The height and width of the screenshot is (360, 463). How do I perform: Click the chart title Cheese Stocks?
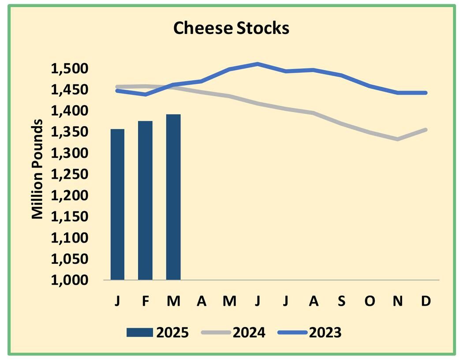point(231,28)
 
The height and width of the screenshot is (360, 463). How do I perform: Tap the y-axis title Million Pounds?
point(38,169)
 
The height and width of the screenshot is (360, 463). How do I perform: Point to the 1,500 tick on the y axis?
point(70,69)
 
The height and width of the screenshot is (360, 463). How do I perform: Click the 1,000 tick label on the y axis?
point(70,280)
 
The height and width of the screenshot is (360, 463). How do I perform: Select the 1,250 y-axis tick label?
point(70,175)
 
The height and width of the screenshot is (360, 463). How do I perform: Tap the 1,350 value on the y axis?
point(70,132)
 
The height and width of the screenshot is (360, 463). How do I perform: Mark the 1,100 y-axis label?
point(70,238)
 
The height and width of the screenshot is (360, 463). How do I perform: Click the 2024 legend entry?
point(234,332)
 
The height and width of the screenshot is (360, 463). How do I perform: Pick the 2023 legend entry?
point(310,332)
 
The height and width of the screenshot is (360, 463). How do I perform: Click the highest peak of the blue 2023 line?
point(258,64)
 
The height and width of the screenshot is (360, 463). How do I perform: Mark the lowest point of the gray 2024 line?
point(398,139)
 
